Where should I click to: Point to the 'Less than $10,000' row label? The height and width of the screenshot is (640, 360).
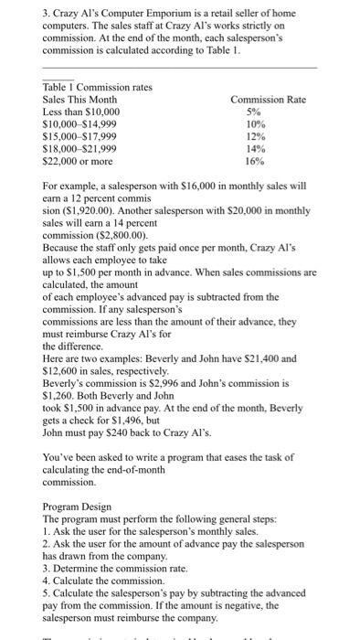coord(81,112)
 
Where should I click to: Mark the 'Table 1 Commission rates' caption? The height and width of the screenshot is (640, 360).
coord(97,87)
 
